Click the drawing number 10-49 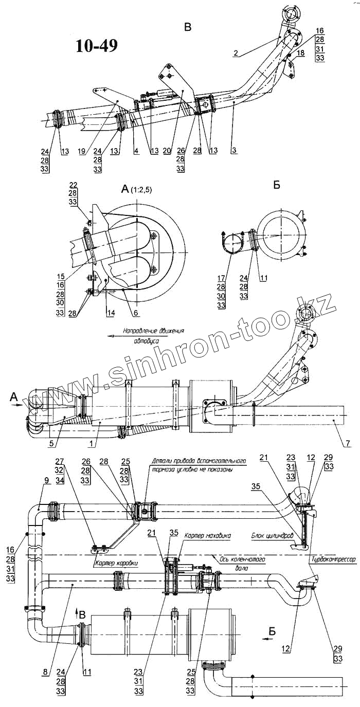pos(97,46)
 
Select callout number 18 pos(301,53)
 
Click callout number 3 pos(234,152)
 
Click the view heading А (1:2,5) pos(140,190)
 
